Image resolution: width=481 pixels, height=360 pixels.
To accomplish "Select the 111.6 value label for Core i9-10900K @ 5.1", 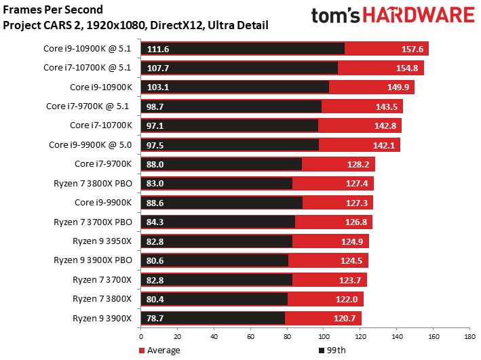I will pos(157,49).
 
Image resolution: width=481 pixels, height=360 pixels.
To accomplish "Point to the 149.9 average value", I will pos(398,87).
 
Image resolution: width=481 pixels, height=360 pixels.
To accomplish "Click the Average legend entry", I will pos(163,350).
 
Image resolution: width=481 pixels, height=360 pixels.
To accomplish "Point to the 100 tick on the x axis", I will pos(323,336).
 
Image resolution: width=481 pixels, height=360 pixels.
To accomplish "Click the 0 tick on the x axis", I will pos(141,336).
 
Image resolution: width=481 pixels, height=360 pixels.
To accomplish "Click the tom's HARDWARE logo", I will pos(392,17).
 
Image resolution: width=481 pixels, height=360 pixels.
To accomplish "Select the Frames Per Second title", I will pos(54,11).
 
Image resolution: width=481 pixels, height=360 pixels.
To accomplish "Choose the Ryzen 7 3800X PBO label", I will pos(94,183).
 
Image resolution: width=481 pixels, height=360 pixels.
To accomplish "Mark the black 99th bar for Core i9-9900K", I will pos(221,203).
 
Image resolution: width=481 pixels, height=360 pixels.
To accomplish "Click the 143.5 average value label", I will pos(387,106).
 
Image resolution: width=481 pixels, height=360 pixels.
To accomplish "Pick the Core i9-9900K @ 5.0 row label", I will pos(92,144).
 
